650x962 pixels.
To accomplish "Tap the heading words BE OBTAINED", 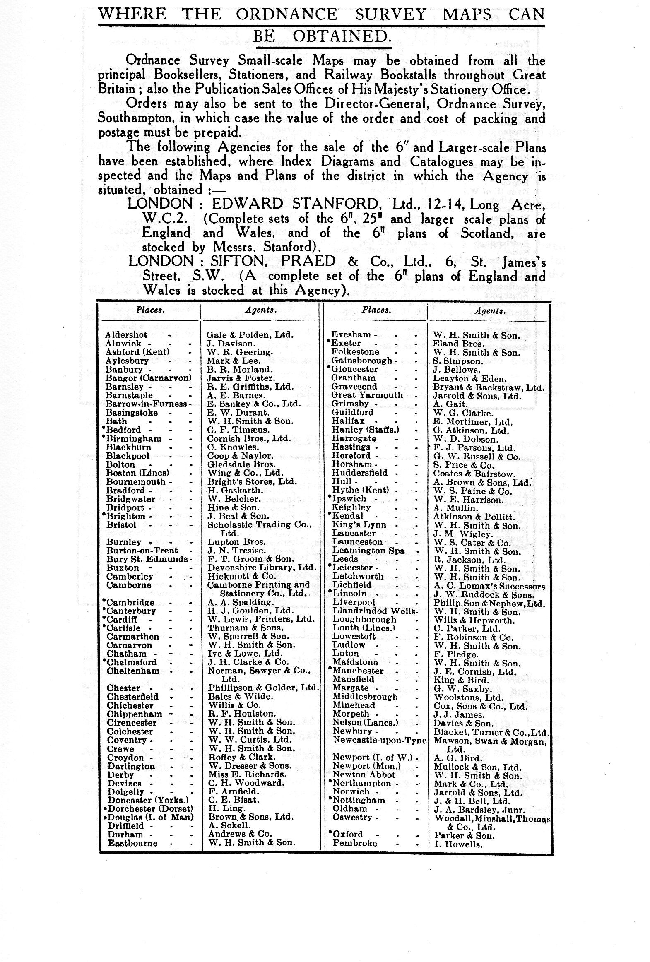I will pos(321,36).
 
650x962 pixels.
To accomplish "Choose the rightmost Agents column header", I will pos(490,310).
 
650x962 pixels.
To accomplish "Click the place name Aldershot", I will pos(126,335).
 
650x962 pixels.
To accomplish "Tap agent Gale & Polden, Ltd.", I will pos(250,335).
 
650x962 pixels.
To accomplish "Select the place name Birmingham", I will pos(134,438).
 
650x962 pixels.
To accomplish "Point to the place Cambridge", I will pos(130,602).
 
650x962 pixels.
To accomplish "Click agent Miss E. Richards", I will pos(247,774).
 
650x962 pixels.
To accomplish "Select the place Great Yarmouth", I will pos(367,395).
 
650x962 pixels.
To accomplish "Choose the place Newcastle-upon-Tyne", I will pos(379,740).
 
